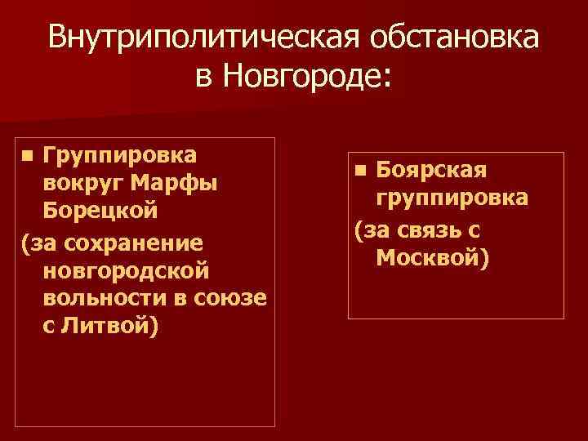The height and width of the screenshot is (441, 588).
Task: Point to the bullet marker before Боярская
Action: point(362,171)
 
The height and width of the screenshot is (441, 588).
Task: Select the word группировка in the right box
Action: point(452,198)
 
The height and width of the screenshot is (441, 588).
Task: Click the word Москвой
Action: point(430,258)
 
